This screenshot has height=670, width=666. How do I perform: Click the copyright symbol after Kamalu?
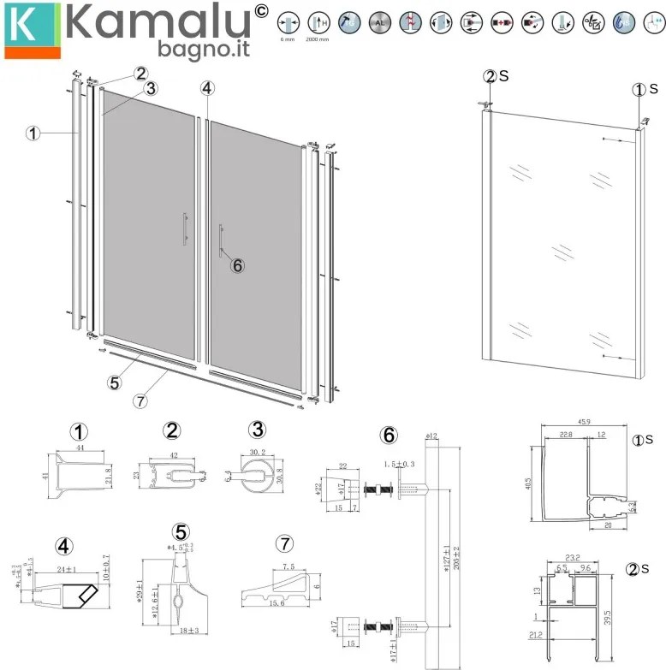tap(262, 11)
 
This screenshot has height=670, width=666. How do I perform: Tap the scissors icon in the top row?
tap(592, 22)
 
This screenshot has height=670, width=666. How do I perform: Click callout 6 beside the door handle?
tap(239, 265)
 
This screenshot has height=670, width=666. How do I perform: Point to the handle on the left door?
tap(184, 229)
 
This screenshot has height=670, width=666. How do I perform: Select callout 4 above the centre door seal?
tap(206, 87)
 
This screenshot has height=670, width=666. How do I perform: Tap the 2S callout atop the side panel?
tap(490, 76)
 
